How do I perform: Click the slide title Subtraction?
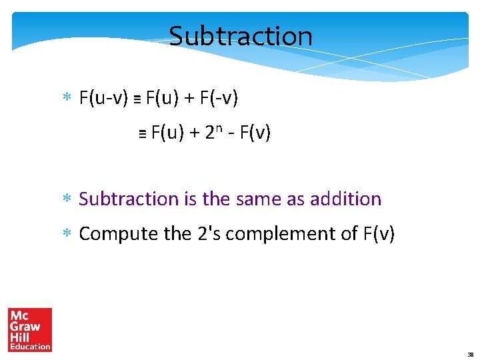(241, 36)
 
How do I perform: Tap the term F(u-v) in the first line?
(103, 99)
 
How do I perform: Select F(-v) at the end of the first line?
(219, 99)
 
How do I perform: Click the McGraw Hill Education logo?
(30, 329)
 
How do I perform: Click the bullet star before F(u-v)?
(67, 99)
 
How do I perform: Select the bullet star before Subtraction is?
(67, 199)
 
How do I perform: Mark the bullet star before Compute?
(67, 235)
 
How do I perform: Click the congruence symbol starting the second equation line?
(142, 134)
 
